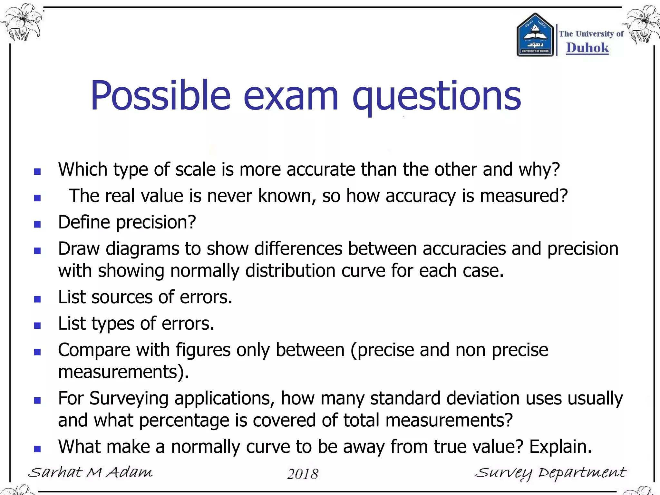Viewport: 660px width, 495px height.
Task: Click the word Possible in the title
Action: click(160, 96)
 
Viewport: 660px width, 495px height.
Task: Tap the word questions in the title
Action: click(437, 96)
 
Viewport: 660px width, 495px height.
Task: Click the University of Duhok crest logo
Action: click(535, 35)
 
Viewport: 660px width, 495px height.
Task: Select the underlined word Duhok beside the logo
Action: click(587, 48)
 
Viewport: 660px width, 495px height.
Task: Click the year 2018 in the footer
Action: click(303, 474)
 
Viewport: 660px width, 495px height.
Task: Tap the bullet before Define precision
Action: click(37, 224)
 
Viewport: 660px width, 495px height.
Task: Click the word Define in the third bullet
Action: click(84, 222)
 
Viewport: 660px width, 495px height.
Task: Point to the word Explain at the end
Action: click(560, 447)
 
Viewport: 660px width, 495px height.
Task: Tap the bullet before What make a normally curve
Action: click(37, 449)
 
